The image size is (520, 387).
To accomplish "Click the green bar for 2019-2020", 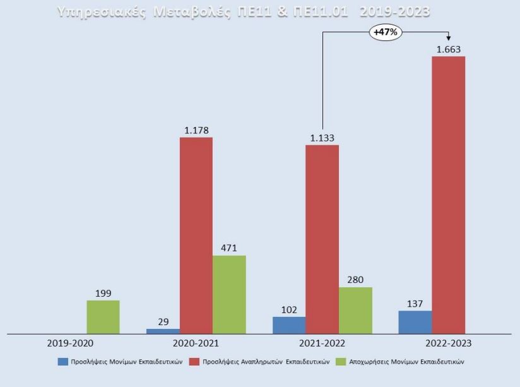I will (103, 316).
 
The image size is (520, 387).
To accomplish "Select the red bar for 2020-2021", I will (196, 235).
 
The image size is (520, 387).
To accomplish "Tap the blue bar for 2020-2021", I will (163, 330).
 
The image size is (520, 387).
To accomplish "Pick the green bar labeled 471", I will (229, 294).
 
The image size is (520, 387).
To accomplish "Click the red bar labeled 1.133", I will (322, 239).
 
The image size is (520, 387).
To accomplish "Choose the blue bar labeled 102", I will (289, 324).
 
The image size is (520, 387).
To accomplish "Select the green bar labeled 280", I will (355, 310).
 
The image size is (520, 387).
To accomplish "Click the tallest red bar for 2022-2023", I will (448, 194).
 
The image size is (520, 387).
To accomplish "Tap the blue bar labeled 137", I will (415, 321).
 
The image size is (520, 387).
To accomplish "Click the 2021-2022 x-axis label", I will (322, 343).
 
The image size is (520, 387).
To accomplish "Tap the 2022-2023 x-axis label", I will (448, 343).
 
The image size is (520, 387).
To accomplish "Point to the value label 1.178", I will (196, 131).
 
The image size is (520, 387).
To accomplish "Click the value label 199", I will (103, 294).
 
